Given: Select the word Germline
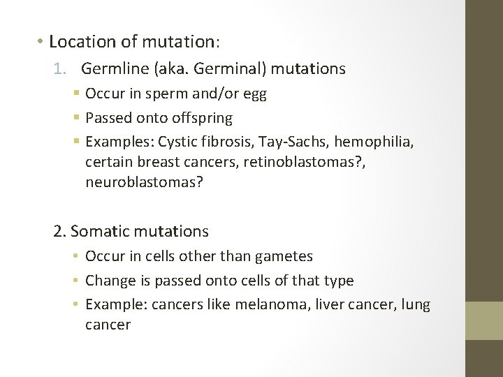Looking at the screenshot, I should (x=112, y=68).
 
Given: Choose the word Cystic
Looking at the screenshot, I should (x=179, y=142).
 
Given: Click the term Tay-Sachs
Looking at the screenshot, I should (x=290, y=142).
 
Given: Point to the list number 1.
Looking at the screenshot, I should (x=58, y=68).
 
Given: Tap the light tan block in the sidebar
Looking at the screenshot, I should (x=484, y=320).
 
